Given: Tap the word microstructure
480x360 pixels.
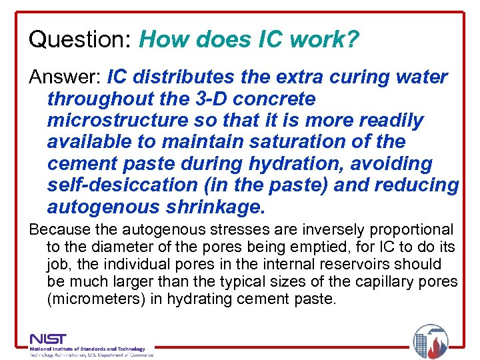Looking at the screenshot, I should [x=113, y=120].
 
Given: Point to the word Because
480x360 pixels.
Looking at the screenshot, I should [x=60, y=230].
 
